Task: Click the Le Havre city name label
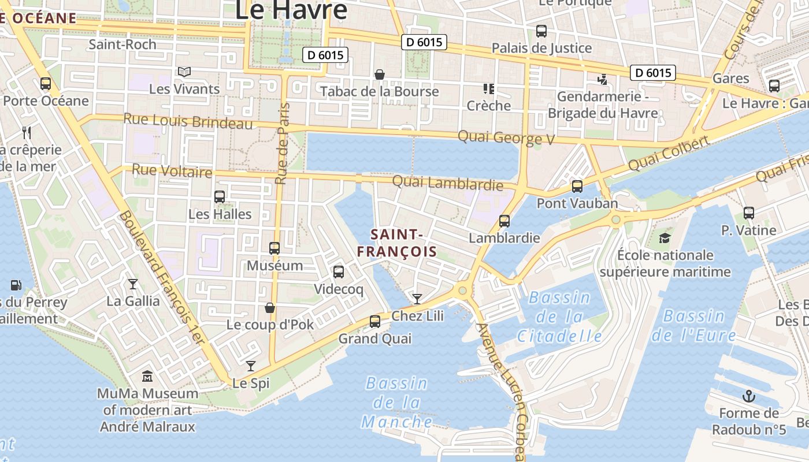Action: click(x=292, y=10)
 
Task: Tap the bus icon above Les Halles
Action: click(x=220, y=197)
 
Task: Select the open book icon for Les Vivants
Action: click(x=184, y=72)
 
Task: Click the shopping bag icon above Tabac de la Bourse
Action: click(x=380, y=74)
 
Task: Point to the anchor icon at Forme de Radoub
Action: click(x=749, y=396)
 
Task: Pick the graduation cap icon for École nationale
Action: click(x=665, y=238)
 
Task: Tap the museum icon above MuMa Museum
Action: click(x=147, y=377)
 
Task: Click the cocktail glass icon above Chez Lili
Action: click(x=417, y=299)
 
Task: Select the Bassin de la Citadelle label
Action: click(x=559, y=317)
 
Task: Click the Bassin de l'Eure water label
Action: click(x=693, y=326)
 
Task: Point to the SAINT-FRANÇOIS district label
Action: click(x=396, y=243)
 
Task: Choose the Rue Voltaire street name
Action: click(x=172, y=172)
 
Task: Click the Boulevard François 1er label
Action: click(x=162, y=277)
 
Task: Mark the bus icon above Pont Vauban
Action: click(x=577, y=187)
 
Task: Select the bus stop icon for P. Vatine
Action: click(x=749, y=213)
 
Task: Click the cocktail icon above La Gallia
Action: click(x=133, y=284)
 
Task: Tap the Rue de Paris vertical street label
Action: click(x=281, y=143)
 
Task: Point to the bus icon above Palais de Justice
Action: click(x=541, y=31)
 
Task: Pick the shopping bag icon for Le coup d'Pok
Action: click(x=269, y=308)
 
